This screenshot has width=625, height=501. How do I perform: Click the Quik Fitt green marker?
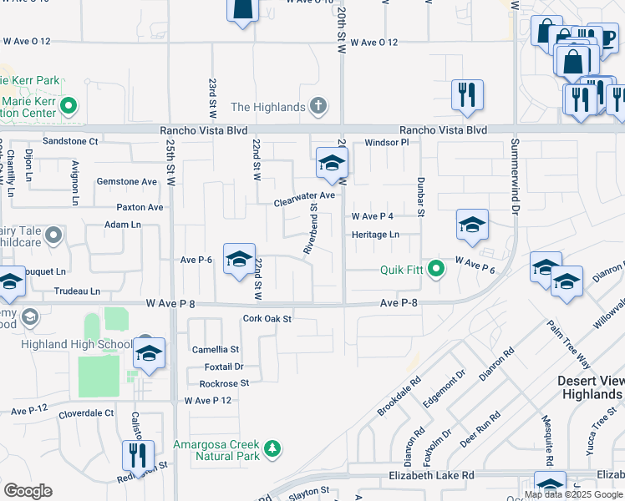pos(435,269)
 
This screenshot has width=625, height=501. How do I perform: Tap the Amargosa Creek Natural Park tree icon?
pos(272,450)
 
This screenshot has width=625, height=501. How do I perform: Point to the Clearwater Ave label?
pos(304,195)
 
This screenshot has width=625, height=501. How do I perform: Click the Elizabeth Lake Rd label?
pos(431,475)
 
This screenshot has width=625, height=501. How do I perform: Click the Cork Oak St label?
pos(267,318)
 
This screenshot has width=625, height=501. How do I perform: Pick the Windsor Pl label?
pos(386,143)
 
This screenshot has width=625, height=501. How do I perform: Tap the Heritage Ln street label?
pos(375,235)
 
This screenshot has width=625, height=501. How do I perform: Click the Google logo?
pos(28,491)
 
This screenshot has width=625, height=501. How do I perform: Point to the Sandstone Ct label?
pos(70,142)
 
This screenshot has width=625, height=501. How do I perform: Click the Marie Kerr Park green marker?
pos(69,106)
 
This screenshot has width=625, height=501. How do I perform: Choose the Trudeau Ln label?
pos(77,291)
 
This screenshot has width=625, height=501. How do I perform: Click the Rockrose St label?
pos(224,383)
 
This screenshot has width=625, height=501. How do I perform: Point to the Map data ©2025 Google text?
pos(574,494)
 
